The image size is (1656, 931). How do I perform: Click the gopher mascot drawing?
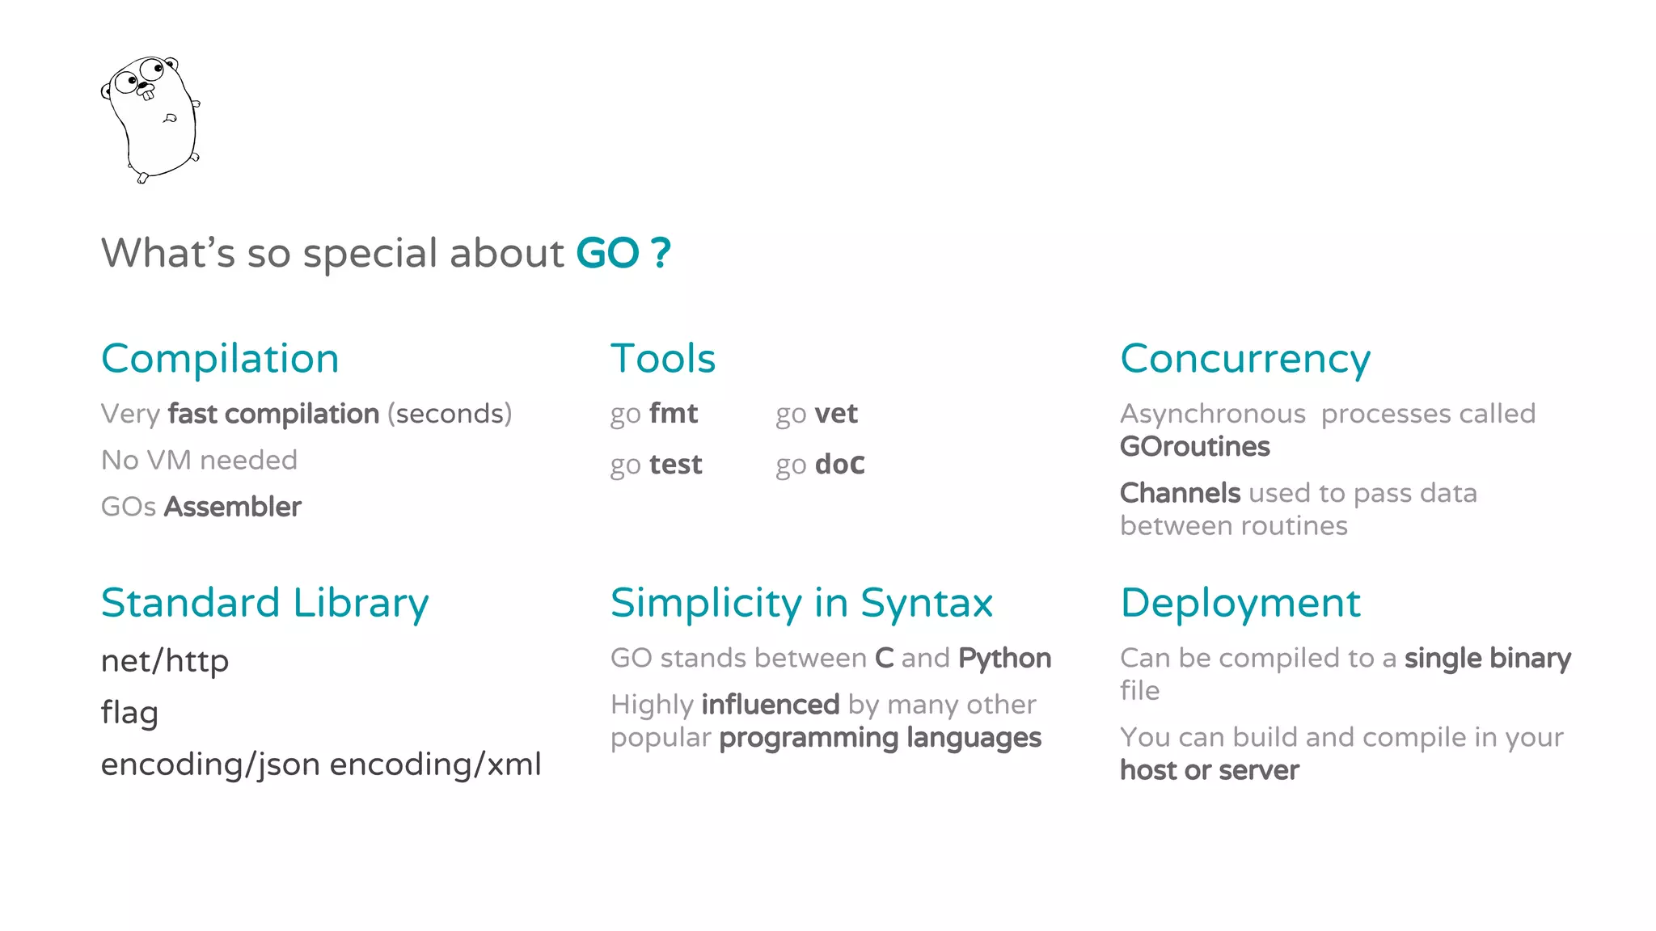click(150, 118)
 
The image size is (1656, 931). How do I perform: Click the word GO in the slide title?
click(607, 253)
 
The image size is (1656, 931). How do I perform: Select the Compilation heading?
click(220, 359)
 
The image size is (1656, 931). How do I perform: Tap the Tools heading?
click(663, 359)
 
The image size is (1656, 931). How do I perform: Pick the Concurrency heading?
click(1245, 359)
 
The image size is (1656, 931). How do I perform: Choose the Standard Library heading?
click(264, 603)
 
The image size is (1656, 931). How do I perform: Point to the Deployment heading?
click(1240, 603)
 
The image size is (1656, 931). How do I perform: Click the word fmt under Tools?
click(674, 414)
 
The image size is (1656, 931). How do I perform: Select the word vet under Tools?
click(836, 414)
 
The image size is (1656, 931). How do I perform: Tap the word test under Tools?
click(676, 465)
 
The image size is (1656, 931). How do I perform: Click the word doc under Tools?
click(840, 465)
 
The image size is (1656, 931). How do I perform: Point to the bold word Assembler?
click(233, 507)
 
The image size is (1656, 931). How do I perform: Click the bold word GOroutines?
click(1194, 447)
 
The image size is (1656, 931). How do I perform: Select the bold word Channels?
click(1180, 493)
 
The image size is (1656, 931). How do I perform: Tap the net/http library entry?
click(165, 661)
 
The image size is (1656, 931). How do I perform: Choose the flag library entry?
click(129, 713)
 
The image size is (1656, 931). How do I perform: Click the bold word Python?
click(1004, 659)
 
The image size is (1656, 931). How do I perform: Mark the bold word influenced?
click(771, 705)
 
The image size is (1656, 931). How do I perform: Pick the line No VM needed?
click(199, 461)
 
